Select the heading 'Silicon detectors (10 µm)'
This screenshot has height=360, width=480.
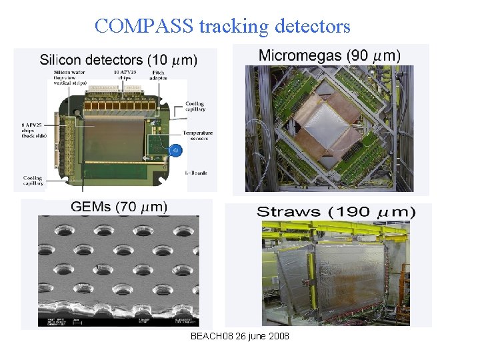pos(119,60)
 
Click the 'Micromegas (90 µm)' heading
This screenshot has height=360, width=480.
pos(329,55)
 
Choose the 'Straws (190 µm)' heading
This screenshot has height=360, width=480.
pos(336,212)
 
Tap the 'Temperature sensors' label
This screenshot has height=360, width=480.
pos(198,137)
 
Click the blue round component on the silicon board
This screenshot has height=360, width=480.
pos(175,151)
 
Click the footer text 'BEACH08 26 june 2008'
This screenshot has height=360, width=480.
pos(240,336)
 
